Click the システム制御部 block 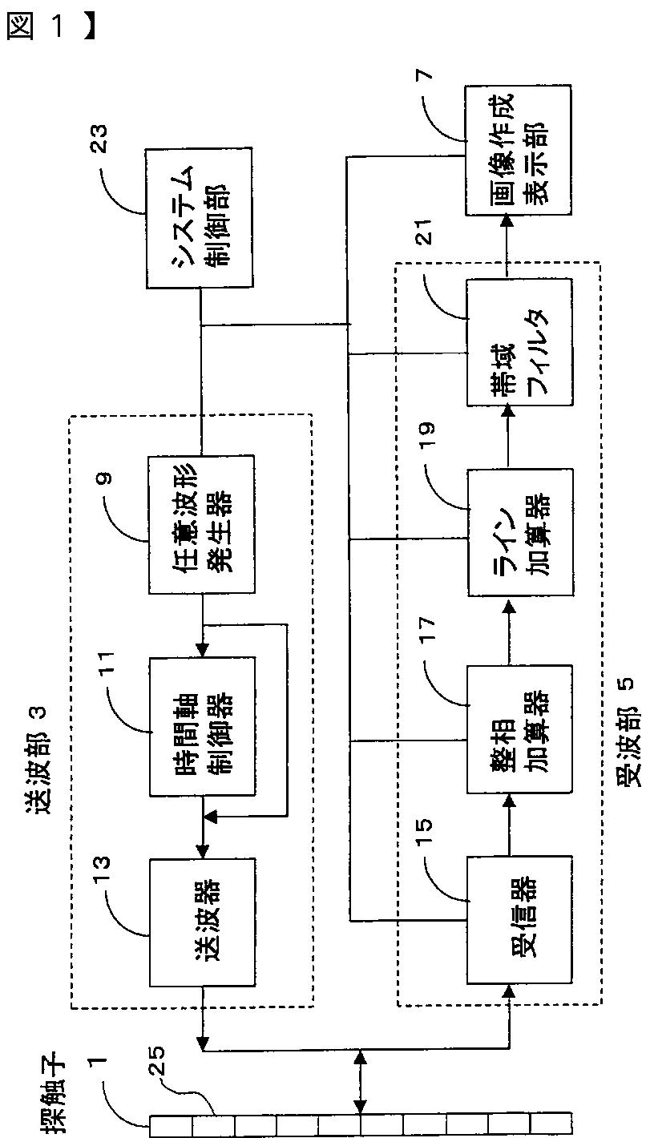coord(200,218)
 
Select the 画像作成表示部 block coord(518,150)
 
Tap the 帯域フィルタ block coord(519,342)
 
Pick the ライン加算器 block coord(520,532)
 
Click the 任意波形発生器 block coord(201,524)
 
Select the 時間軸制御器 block coord(202,727)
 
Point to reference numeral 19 coord(426,434)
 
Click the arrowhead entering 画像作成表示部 coord(507,221)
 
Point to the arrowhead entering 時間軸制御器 coord(202,651)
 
